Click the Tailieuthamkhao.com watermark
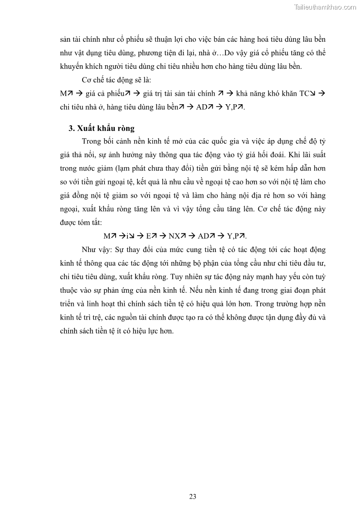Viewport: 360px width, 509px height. click(x=325, y=7)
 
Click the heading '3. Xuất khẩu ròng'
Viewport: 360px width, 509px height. click(x=102, y=128)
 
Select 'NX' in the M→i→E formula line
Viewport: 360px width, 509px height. click(x=174, y=236)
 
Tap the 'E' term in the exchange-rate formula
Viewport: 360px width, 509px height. click(x=149, y=236)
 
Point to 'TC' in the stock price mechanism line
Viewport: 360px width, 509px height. click(x=303, y=93)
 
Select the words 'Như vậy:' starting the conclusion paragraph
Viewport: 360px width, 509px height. click(x=96, y=250)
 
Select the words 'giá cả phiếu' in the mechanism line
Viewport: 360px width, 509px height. click(x=102, y=93)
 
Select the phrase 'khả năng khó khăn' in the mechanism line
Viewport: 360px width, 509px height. click(x=264, y=93)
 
